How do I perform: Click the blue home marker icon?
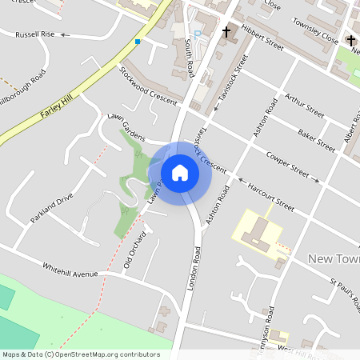179,173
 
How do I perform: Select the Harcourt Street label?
270,197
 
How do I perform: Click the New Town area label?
334,258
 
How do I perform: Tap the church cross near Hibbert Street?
226,32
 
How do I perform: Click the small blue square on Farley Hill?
138,42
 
